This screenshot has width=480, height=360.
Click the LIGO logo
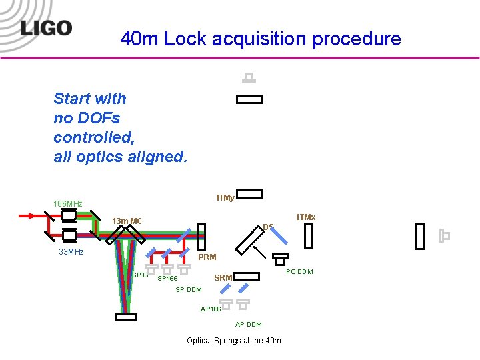[45, 27]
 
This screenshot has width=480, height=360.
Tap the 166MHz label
[68, 203]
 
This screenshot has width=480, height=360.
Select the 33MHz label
[71, 252]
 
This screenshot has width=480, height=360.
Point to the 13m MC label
[127, 221]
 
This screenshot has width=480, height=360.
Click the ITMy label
[225, 198]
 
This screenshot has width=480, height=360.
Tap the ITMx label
[306, 217]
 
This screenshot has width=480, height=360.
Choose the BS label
[268, 227]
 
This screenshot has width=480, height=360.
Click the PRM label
[207, 257]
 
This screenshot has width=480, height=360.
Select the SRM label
[223, 278]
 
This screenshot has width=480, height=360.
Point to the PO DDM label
[299, 271]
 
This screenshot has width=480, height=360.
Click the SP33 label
[140, 275]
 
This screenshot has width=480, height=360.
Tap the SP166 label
[167, 279]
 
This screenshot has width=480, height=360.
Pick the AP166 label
[211, 309]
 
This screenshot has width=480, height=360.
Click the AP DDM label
[249, 325]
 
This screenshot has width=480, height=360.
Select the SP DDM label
[188, 290]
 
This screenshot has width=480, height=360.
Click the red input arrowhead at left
[38, 216]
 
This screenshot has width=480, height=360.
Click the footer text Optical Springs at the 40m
[233, 341]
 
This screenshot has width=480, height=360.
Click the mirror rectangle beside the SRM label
[248, 276]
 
